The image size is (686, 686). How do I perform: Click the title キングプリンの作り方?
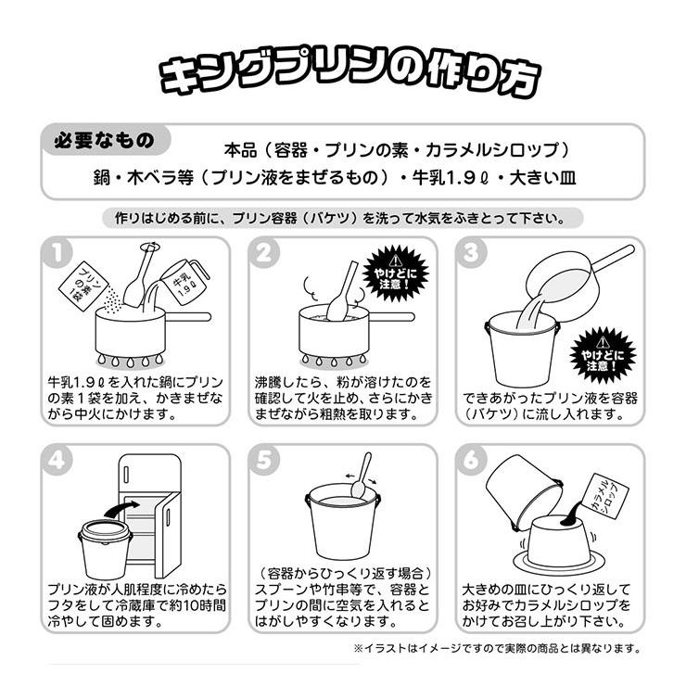350,74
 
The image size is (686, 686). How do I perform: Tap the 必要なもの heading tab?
105,140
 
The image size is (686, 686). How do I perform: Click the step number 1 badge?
57,252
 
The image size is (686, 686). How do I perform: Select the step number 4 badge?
57,460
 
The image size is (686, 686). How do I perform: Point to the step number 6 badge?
471,460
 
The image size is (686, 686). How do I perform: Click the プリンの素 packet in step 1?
84,286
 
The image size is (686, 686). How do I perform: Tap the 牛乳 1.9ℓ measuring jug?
186,282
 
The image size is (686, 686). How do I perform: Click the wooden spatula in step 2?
340,292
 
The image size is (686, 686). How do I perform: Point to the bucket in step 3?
522,352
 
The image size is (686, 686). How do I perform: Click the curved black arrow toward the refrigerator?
121,508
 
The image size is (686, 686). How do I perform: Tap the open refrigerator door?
168,535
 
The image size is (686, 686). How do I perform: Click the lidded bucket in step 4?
105,549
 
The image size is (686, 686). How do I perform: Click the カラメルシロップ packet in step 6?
607,497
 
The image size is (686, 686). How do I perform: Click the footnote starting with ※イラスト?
497,648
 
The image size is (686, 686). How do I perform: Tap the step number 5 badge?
264,460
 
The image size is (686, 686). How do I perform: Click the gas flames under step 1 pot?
130,361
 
